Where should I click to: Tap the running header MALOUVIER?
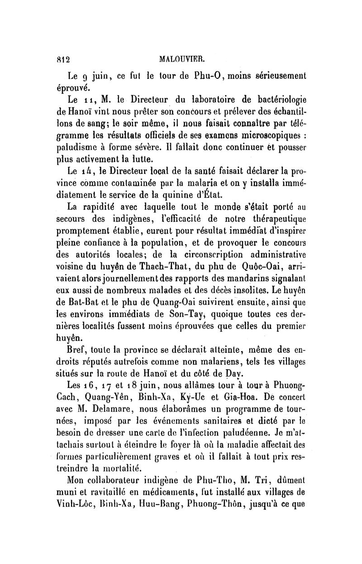coord(186,58)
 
